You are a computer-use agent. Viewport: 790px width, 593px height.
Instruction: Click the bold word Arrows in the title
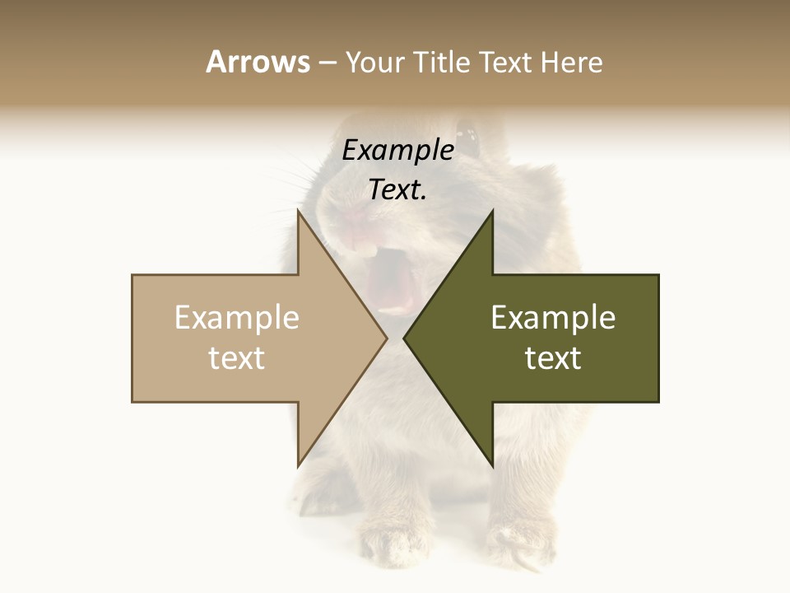(258, 62)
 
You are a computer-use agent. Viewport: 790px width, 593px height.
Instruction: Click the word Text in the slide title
(507, 63)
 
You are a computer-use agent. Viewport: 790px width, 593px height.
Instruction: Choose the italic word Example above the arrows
(397, 151)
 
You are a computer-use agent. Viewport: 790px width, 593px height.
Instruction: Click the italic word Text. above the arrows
(397, 190)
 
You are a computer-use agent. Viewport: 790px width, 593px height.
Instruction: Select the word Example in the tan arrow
(236, 318)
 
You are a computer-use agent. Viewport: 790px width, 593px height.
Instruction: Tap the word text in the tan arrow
(236, 358)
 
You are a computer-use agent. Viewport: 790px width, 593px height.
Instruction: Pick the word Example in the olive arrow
(553, 318)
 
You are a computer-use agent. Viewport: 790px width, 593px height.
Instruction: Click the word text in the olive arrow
(553, 358)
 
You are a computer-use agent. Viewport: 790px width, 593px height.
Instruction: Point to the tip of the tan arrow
(386, 339)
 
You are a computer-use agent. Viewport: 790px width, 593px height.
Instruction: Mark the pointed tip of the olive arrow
(404, 339)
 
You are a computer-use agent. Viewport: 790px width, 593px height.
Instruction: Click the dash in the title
(327, 63)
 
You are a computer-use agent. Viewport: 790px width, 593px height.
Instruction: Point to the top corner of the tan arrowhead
(298, 212)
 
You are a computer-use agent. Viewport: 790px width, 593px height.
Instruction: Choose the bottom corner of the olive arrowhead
(492, 465)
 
